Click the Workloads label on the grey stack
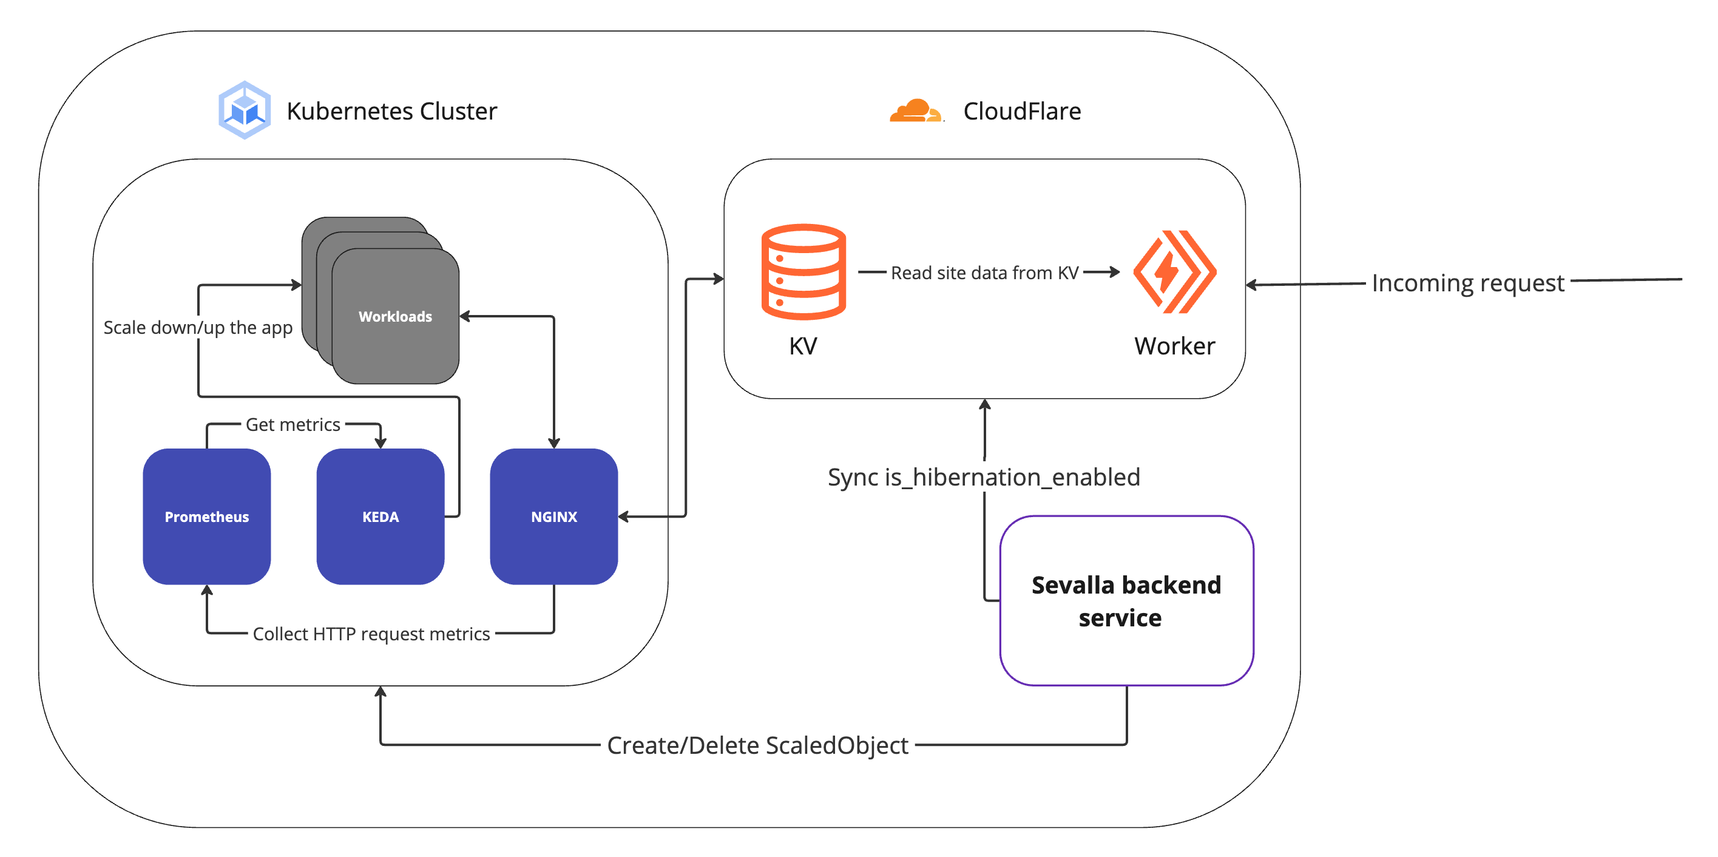pyautogui.click(x=395, y=316)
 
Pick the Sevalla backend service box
pyautogui.click(x=1126, y=600)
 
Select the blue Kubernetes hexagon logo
pyautogui.click(x=245, y=110)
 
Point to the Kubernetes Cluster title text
pyautogui.click(x=391, y=110)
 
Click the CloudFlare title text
pyautogui.click(x=1022, y=110)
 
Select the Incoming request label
pyautogui.click(x=1467, y=283)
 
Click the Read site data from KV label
pyautogui.click(x=984, y=273)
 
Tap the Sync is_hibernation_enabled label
pyautogui.click(x=984, y=477)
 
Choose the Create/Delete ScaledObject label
pyautogui.click(x=757, y=745)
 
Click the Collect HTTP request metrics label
pyautogui.click(x=371, y=634)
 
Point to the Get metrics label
pyautogui.click(x=293, y=424)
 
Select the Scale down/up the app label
pyautogui.click(x=198, y=328)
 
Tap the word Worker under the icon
pyautogui.click(x=1174, y=345)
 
